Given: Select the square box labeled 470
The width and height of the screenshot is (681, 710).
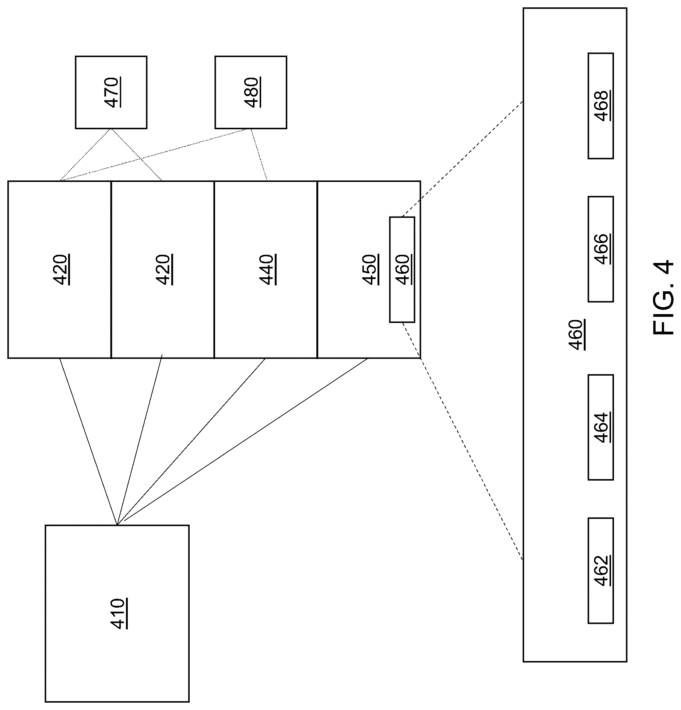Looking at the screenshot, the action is (x=111, y=92).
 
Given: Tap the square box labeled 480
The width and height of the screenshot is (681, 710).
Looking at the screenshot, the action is (x=251, y=92).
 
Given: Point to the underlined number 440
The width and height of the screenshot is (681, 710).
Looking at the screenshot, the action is (x=268, y=270).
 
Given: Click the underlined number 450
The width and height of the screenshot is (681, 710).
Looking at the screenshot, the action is (x=371, y=270).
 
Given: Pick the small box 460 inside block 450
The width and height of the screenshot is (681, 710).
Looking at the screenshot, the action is (x=402, y=270).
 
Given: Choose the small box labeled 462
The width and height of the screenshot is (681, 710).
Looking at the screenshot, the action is (x=601, y=570).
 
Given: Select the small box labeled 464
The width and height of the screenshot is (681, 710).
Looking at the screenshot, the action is (x=601, y=427).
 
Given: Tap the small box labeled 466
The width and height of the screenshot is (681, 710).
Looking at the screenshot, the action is (x=601, y=249).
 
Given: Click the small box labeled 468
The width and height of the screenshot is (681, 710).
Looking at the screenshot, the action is (x=601, y=106).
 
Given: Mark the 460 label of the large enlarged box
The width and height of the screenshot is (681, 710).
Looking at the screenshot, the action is (x=576, y=335).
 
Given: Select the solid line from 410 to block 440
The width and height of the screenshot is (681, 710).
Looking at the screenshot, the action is (x=191, y=441).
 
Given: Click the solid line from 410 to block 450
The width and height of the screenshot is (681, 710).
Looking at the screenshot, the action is (x=242, y=441).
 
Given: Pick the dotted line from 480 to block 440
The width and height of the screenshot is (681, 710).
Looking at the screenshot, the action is (x=259, y=155).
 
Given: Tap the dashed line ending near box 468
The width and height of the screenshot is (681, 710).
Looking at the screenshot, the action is (x=463, y=159).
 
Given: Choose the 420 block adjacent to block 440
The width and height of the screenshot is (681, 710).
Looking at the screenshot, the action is (x=163, y=270).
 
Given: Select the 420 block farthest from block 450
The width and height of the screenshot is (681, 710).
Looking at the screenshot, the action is (x=60, y=270).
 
